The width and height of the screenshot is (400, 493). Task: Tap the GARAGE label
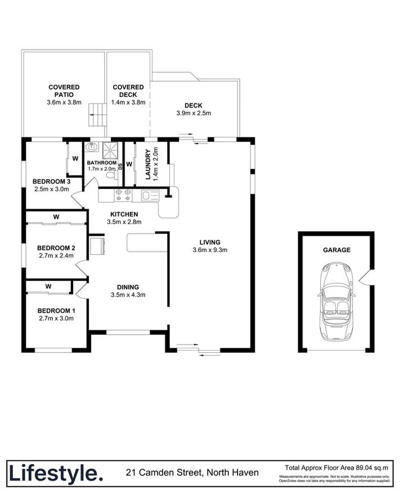tap(336, 250)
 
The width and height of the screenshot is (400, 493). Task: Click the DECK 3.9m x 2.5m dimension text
tap(193, 113)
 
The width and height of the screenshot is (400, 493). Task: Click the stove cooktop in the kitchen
tap(123, 195)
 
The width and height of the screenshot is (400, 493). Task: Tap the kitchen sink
tap(149, 196)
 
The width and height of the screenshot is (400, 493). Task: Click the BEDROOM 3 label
tap(51, 181)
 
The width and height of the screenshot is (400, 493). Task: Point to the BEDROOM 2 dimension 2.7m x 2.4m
tap(56, 256)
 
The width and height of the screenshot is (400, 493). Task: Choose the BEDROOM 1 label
tap(56, 311)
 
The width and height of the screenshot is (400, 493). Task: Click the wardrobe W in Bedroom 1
tap(48, 286)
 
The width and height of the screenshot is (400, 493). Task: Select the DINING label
tap(129, 286)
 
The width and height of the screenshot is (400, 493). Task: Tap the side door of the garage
tap(365, 277)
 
